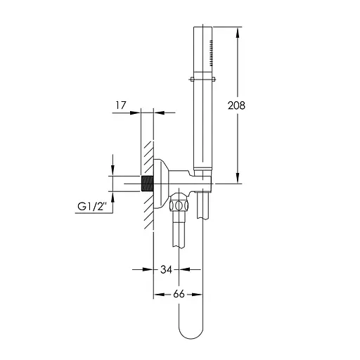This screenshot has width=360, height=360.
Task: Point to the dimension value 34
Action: point(167,269)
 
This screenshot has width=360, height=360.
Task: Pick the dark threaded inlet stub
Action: point(147,185)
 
